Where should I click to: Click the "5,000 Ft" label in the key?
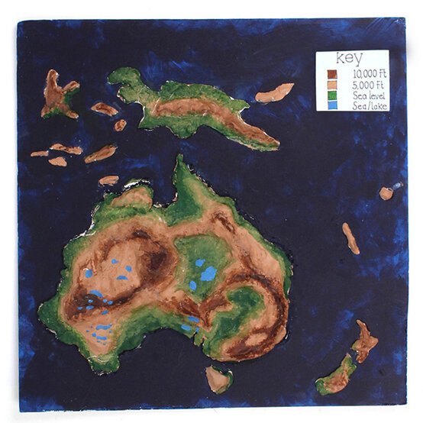pos(363,83)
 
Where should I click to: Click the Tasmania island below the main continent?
pos(219,378)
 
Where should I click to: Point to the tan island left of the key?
pos(275,93)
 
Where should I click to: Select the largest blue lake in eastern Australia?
pos(208,273)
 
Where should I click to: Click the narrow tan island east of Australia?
pos(350,238)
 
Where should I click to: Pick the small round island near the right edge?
pos(386,192)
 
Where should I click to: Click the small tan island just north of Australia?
pos(109,180)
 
